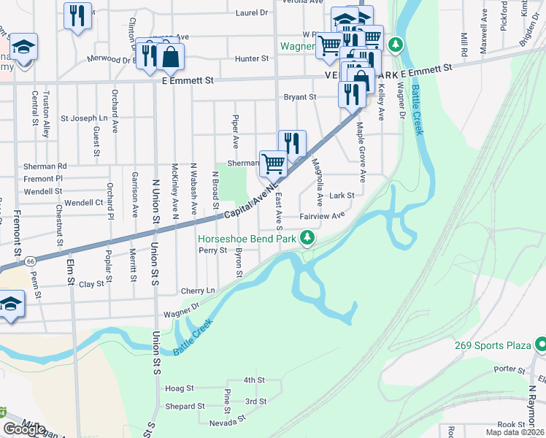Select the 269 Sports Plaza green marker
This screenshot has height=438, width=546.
pos(541,344)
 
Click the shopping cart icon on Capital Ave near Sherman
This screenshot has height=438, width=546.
pos(273,163)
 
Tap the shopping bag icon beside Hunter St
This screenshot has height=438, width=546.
pos(170,56)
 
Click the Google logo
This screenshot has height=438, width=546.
pos(24,429)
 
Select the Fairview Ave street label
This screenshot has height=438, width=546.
pos(322,216)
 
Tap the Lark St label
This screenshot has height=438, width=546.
pos(341,196)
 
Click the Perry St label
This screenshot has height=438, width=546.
pos(213,250)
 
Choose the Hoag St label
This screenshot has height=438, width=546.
pos(180,389)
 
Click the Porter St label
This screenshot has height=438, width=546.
pos(504,369)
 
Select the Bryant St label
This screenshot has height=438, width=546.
pos(299,96)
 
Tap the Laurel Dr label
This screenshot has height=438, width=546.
pos(252,13)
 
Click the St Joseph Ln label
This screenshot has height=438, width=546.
pos(83,118)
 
